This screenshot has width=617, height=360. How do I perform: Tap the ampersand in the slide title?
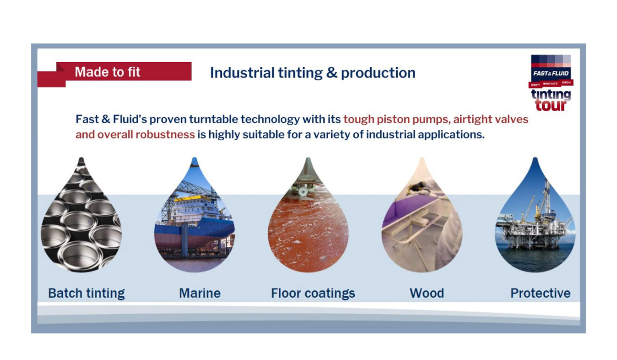point(331,73)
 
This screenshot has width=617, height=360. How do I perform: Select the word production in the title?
point(378,73)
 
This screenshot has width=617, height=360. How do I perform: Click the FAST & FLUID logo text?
point(551,73)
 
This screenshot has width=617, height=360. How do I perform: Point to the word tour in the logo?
point(550,105)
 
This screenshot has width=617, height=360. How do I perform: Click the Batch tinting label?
point(86,293)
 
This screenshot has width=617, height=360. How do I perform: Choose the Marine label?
point(200,293)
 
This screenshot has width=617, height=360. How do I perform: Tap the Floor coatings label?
point(313,293)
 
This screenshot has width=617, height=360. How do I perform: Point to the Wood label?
point(427,293)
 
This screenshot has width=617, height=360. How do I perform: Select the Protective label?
point(540,293)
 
